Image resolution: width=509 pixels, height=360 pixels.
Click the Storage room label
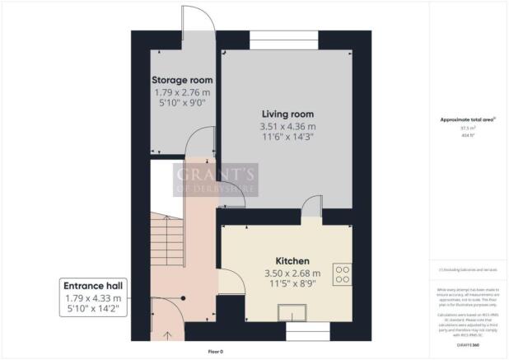pyautogui.click(x=177, y=80)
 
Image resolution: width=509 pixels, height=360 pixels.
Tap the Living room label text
pyautogui.click(x=288, y=114)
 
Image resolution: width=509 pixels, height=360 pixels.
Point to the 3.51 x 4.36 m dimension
pyautogui.click(x=288, y=127)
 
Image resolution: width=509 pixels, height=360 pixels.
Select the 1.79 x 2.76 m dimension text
pyautogui.click(x=177, y=93)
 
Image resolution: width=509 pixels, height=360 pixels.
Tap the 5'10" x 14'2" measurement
pyautogui.click(x=92, y=310)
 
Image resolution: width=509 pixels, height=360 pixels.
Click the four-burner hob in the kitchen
pyautogui.click(x=341, y=273)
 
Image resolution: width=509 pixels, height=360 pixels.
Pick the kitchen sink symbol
pyautogui.click(x=292, y=312)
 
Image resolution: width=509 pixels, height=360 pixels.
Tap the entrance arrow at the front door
pyautogui.click(x=169, y=334)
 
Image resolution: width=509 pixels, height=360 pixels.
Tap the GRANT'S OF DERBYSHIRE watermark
pyautogui.click(x=216, y=180)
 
